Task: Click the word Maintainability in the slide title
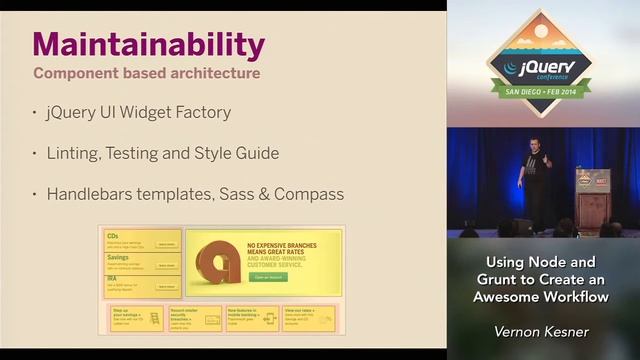coord(148,45)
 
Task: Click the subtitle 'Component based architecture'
coord(147,73)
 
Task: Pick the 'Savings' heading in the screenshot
coord(119,258)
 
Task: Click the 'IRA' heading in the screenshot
coord(112,280)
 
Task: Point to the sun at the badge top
coord(541,30)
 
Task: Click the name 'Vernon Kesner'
coord(541,329)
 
